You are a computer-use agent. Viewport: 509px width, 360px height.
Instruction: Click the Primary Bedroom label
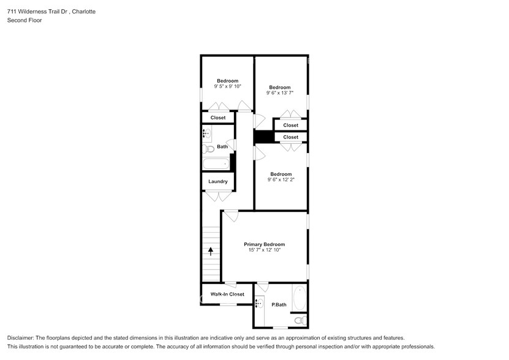[264, 244]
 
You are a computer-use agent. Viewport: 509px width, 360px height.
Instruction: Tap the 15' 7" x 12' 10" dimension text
[264, 250]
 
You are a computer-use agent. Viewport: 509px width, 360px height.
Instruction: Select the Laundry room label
[218, 181]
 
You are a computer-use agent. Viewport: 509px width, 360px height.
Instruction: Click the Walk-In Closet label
[227, 294]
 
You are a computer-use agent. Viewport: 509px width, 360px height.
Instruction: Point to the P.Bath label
[279, 304]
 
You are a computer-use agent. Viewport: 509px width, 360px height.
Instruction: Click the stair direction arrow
[211, 250]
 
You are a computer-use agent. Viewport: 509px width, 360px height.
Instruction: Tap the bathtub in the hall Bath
[216, 164]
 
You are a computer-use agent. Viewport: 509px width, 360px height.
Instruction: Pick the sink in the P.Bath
[259, 304]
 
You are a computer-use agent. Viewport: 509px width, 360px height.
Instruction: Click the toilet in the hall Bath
[208, 148]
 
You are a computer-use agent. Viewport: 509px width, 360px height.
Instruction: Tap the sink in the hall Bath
[207, 133]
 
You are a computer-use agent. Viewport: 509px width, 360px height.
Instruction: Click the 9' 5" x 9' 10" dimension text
[227, 86]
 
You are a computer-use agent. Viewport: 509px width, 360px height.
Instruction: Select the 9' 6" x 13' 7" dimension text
[280, 93]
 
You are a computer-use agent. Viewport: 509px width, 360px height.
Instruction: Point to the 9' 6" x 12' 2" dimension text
[281, 180]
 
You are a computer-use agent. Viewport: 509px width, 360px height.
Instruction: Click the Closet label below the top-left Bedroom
[218, 118]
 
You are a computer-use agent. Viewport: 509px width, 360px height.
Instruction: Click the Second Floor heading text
[22, 20]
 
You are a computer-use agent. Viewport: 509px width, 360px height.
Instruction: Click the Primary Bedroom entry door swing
[231, 216]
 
